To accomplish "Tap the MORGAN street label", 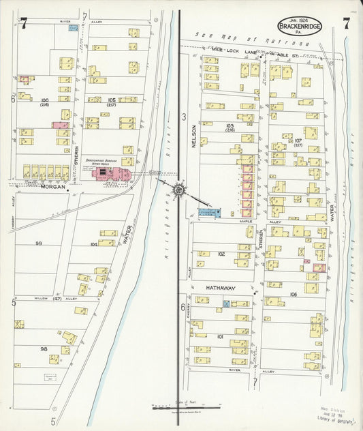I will pyautogui.click(x=44, y=187).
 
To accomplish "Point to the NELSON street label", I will pyautogui.click(x=194, y=134).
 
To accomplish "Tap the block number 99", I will pyautogui.click(x=39, y=243).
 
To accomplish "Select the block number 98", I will pyautogui.click(x=44, y=348).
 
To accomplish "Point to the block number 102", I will pyautogui.click(x=221, y=254).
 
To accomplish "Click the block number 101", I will pyautogui.click(x=220, y=337).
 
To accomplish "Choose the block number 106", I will pyautogui.click(x=293, y=294).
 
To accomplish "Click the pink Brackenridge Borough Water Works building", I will pyautogui.click(x=110, y=174).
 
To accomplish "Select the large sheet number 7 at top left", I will pyautogui.click(x=23, y=23).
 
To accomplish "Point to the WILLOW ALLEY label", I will pyautogui.click(x=48, y=299).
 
